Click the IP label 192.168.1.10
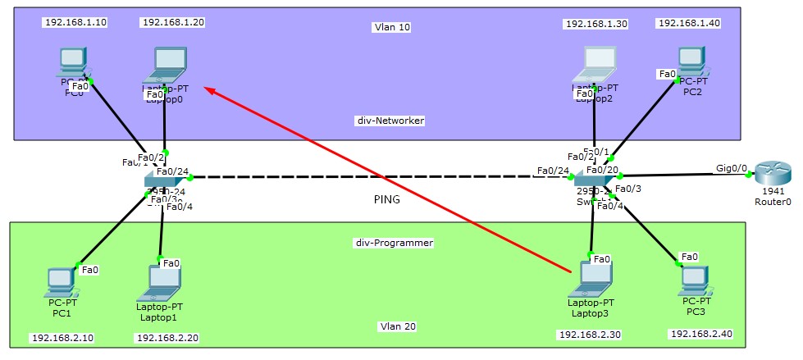tap(75, 22)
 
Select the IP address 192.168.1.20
tap(172, 22)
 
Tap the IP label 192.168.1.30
tap(596, 24)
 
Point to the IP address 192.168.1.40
tap(689, 23)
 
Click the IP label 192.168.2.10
tap(62, 337)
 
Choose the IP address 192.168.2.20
tap(167, 337)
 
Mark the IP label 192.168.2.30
tap(589, 335)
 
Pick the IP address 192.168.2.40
tap(700, 334)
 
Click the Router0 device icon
tap(772, 174)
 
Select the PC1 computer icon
tap(62, 280)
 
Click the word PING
tap(385, 198)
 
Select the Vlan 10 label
tap(391, 27)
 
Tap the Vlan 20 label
tap(398, 326)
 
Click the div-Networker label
tap(390, 121)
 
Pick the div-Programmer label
tap(394, 243)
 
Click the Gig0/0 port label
tap(732, 168)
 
